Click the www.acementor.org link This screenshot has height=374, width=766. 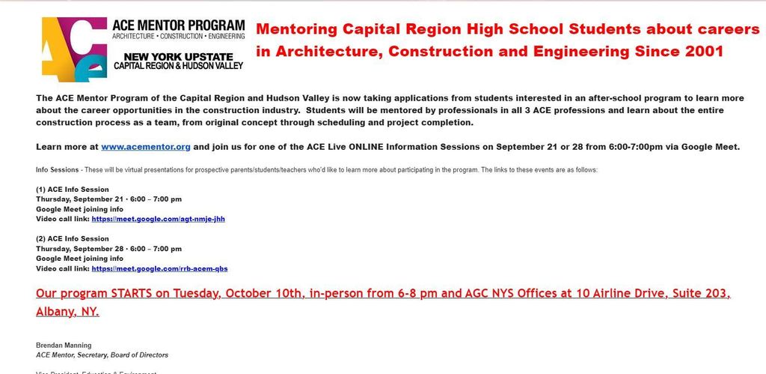(146, 147)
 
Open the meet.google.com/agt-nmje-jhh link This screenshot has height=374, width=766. (158, 220)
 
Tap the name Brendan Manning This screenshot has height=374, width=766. (64, 345)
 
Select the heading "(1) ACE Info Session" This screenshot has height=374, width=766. (73, 190)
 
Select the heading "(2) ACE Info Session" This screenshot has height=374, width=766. (73, 239)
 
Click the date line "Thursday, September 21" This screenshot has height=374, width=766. (82, 199)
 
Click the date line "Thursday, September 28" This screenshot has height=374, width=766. (82, 249)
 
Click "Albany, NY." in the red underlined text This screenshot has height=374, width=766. (67, 311)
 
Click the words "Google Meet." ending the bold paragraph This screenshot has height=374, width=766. (711, 147)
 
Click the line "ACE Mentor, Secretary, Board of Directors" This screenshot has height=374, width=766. (102, 355)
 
